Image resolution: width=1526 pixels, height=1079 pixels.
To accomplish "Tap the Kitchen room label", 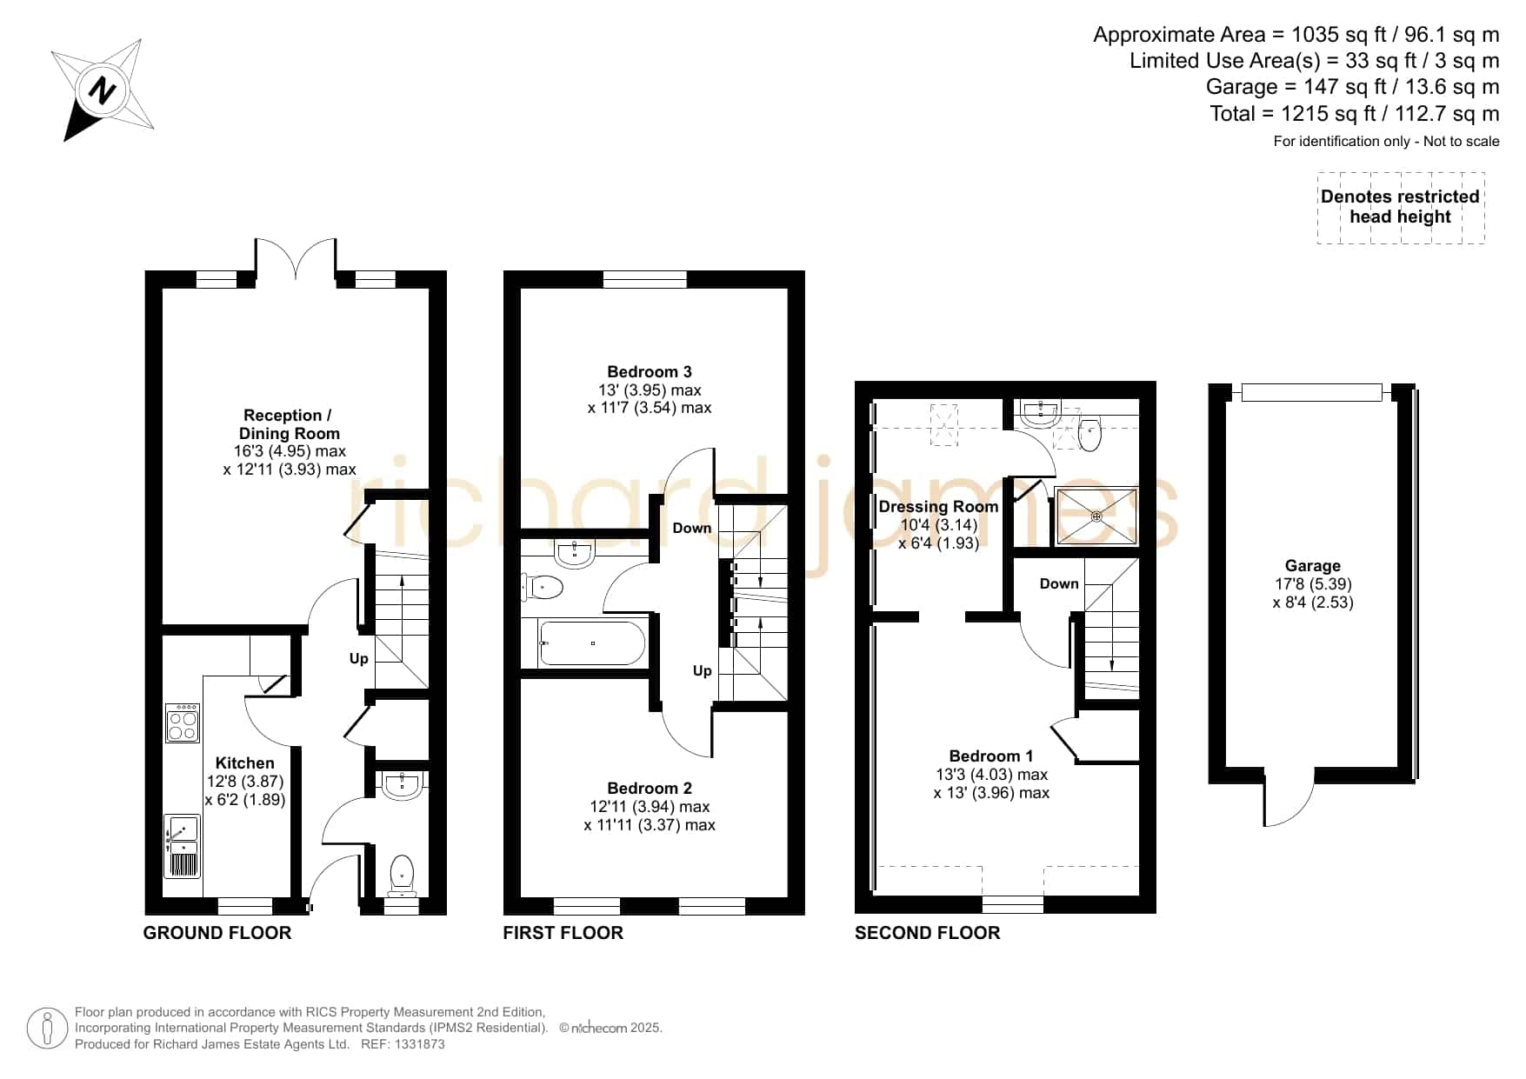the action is click(244, 763).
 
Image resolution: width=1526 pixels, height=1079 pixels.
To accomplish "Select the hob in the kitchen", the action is click(183, 723).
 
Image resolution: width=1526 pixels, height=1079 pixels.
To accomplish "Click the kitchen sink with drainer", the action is click(182, 846).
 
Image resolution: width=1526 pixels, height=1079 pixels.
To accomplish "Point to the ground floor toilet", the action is click(402, 876).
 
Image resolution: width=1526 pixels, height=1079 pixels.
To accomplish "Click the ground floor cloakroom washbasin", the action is click(402, 784).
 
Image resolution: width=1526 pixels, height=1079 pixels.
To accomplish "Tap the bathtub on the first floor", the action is click(592, 643).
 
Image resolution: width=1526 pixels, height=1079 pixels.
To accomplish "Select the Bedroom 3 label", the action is click(650, 372).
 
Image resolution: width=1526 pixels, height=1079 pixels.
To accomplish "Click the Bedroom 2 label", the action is click(650, 789).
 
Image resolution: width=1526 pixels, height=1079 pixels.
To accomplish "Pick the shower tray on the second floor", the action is click(1096, 516).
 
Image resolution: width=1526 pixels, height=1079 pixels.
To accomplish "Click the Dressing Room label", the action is click(938, 507).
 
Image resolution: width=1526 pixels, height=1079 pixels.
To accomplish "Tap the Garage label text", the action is click(1313, 566).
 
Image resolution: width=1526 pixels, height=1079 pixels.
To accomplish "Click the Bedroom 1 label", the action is click(991, 756).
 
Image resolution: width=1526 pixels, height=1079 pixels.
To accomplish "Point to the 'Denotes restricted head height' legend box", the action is click(1401, 207).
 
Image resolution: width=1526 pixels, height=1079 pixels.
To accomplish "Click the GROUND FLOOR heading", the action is click(217, 933).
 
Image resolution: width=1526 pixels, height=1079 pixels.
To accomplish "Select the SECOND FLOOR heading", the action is click(928, 933).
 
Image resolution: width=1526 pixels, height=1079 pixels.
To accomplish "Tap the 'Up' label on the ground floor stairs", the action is click(359, 659).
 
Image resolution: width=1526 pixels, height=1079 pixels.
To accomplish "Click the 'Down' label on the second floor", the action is click(1059, 583).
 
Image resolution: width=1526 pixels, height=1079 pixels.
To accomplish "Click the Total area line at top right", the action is click(1355, 114).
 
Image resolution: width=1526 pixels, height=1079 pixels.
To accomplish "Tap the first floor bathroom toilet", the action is click(543, 588).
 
